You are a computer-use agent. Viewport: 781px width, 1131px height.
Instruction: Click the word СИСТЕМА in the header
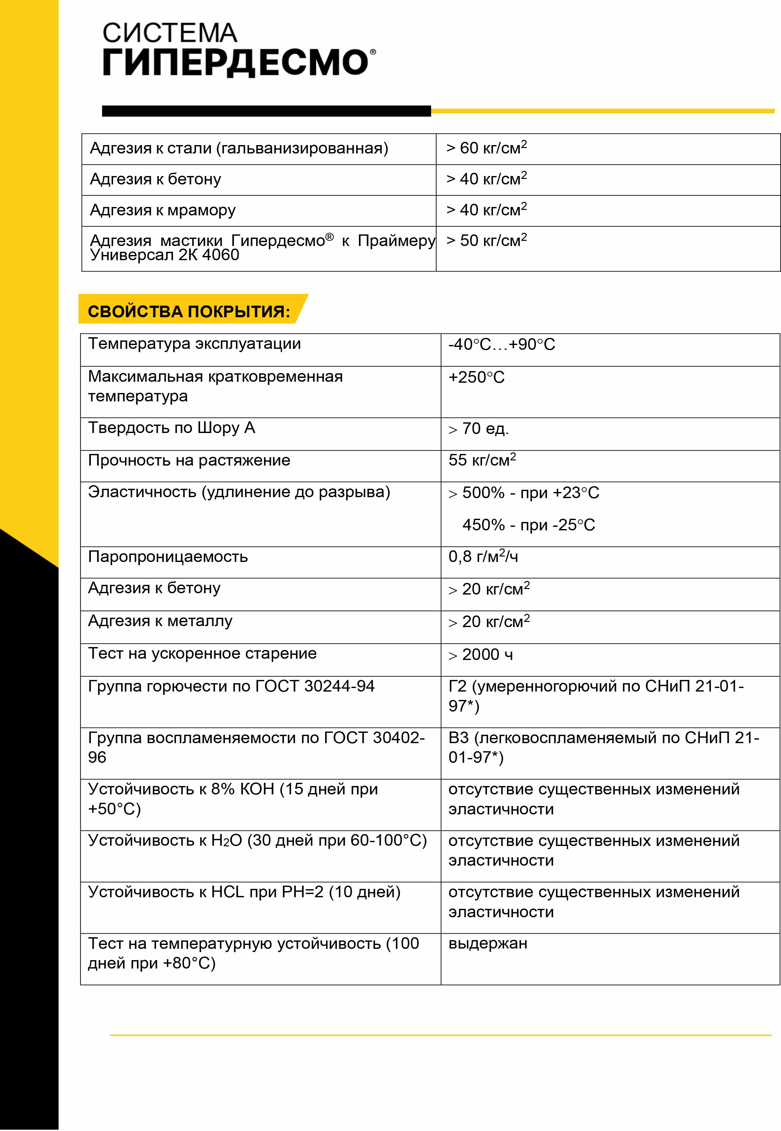[x=169, y=33]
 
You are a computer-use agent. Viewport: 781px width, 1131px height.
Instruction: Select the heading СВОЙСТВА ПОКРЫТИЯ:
[x=189, y=311]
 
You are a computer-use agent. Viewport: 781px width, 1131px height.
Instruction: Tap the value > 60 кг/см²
[x=487, y=148]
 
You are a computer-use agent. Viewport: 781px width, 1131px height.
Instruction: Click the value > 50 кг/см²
[x=487, y=240]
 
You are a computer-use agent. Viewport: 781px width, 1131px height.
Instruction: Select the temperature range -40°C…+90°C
[x=502, y=345]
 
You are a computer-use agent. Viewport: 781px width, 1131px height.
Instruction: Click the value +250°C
[x=476, y=378]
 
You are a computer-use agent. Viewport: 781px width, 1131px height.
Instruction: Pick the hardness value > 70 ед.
[x=478, y=429]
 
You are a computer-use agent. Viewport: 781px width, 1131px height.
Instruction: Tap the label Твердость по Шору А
[x=171, y=428]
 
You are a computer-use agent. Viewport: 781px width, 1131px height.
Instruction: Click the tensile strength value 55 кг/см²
[x=482, y=460]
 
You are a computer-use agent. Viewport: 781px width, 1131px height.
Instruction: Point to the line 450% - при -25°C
[x=528, y=525]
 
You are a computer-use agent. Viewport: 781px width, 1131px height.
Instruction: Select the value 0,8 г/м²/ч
[x=483, y=557]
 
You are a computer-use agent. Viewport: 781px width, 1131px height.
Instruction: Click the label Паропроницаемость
[x=168, y=557]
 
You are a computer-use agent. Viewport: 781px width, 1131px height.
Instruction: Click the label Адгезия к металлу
[x=160, y=621]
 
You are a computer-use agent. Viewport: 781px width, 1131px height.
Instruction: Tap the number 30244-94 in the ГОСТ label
[x=339, y=686]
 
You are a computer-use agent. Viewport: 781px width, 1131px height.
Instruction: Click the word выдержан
[x=488, y=943]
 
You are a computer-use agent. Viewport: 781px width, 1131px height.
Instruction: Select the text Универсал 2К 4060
[x=165, y=255]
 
